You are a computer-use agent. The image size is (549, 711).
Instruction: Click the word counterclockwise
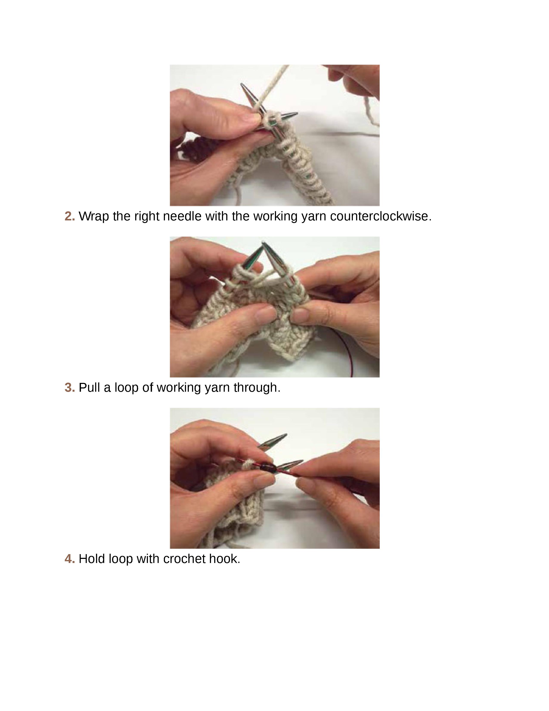click(x=380, y=216)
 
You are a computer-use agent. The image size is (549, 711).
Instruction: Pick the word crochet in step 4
click(x=184, y=559)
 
